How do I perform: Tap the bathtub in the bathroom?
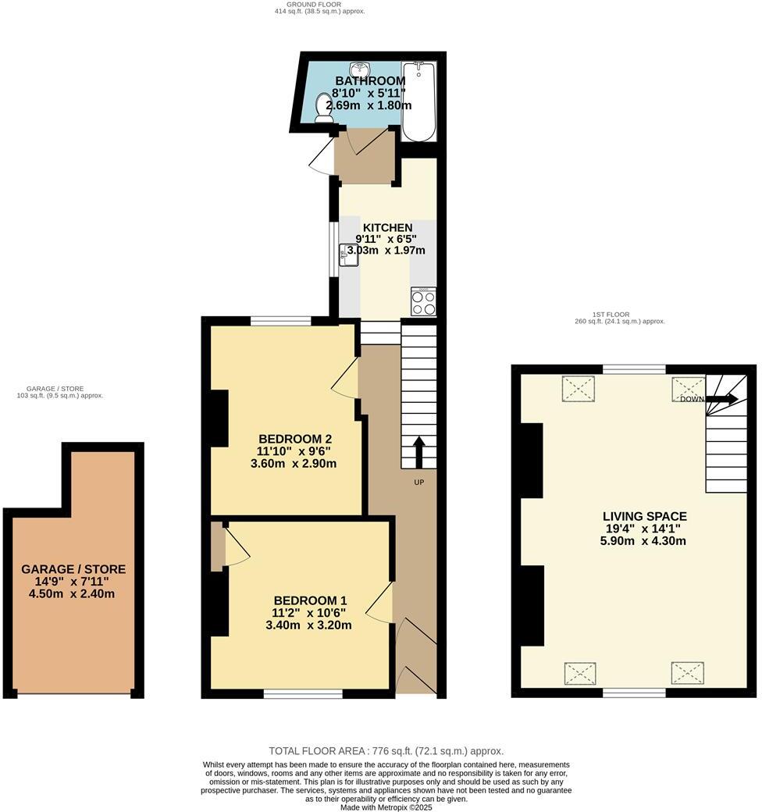pos(418,101)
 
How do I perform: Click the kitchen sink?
pos(348,255)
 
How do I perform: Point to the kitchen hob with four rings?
pos(423,301)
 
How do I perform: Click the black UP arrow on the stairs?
pos(418,452)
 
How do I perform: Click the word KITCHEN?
pos(387,228)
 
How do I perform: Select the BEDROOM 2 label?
pos(296,438)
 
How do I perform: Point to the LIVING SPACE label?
pos(645,516)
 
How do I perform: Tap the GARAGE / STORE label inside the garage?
pos(73,569)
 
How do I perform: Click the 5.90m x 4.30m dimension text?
pos(645,540)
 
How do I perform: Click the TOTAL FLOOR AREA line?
pos(386,751)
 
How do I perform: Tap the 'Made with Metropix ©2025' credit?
pos(386,807)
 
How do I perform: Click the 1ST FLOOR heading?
pos(621,315)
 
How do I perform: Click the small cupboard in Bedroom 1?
pos(217,546)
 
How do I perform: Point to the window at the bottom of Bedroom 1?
pos(303,693)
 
